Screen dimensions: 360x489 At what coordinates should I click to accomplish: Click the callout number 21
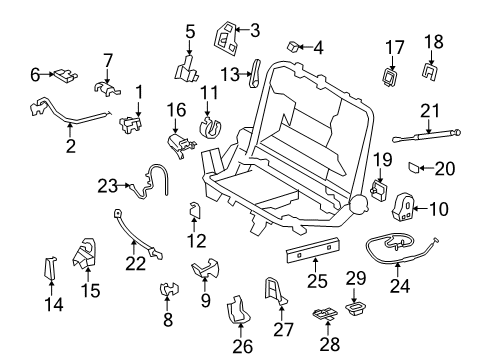(x=429, y=109)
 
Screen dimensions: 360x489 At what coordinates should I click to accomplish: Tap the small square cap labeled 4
(x=296, y=46)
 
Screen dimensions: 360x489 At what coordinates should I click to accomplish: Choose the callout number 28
(x=328, y=342)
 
